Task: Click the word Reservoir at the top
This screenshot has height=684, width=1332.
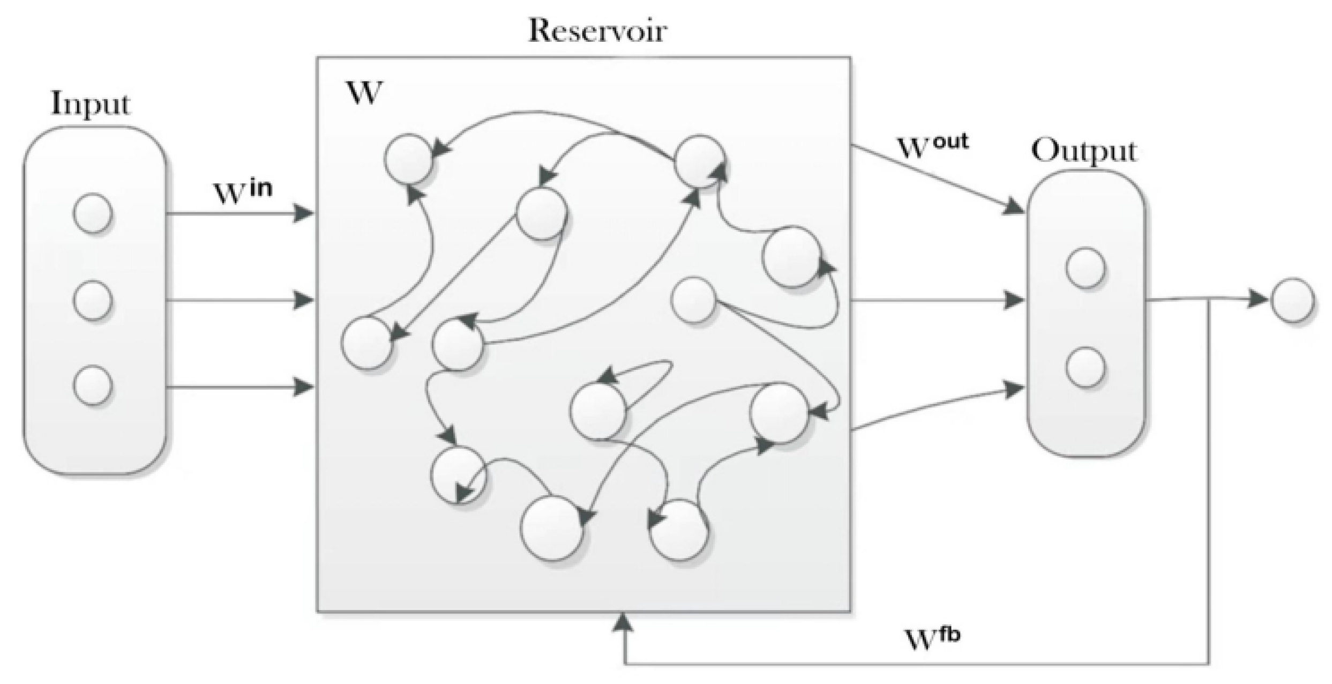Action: click(x=597, y=31)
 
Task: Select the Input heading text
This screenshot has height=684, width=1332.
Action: click(x=91, y=104)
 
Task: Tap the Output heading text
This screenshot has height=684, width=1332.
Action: click(x=1083, y=151)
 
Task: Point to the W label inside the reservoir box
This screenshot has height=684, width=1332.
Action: click(x=364, y=93)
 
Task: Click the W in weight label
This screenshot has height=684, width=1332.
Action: click(x=242, y=192)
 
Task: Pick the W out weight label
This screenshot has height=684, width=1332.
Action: click(x=932, y=146)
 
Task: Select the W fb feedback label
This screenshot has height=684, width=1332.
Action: click(x=932, y=638)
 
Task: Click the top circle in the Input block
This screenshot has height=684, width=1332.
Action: click(x=93, y=213)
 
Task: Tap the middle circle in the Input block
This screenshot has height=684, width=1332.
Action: click(x=93, y=300)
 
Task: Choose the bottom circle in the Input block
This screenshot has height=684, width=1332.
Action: click(x=93, y=385)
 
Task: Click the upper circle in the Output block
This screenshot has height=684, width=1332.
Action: click(x=1086, y=268)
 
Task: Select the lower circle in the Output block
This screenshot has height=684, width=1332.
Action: click(x=1086, y=368)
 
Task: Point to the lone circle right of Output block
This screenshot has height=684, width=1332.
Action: click(x=1292, y=300)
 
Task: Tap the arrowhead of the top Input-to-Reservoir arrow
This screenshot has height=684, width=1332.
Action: click(x=304, y=213)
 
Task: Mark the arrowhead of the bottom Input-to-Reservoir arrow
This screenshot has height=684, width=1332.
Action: click(x=304, y=386)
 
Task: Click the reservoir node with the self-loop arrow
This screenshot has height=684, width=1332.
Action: click(x=598, y=412)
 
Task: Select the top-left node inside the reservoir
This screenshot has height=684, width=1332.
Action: click(x=409, y=159)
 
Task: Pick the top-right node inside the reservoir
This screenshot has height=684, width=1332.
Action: click(x=699, y=161)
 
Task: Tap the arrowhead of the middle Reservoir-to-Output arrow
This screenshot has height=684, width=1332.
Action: click(x=1014, y=300)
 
